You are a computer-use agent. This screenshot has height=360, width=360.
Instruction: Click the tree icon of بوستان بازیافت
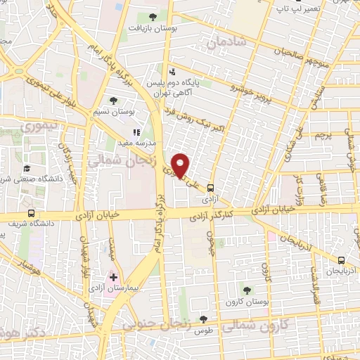coord(153,16)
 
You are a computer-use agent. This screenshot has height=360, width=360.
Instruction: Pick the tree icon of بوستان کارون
coord(247,289)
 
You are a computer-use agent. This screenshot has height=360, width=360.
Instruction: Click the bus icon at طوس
coord(203,319)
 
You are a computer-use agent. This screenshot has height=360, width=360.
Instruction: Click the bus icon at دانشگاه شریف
coord(31,213)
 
